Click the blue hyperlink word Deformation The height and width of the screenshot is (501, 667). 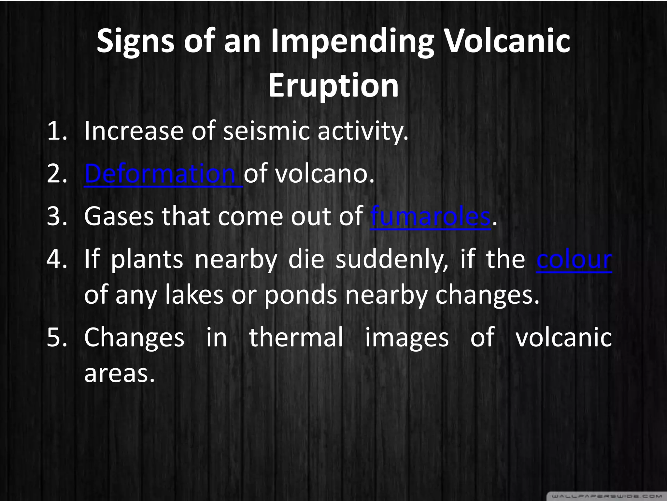click(160, 174)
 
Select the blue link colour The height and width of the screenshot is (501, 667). click(574, 260)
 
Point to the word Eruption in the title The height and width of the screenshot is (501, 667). click(333, 85)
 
